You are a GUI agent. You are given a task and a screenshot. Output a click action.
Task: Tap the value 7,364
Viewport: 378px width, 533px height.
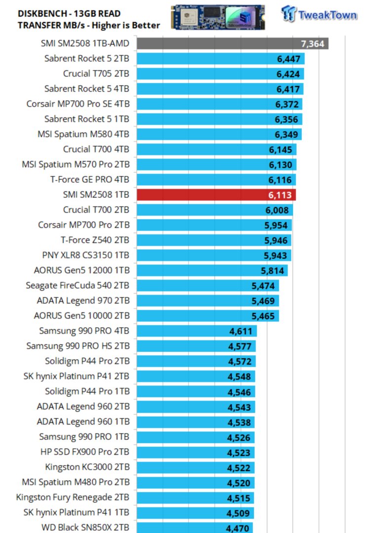point(312,44)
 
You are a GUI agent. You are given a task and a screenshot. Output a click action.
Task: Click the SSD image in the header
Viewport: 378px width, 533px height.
point(218,17)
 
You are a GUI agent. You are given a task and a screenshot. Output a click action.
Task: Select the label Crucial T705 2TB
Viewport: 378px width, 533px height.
point(96,74)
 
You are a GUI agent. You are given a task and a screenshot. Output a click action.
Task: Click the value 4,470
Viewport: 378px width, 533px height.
point(238,528)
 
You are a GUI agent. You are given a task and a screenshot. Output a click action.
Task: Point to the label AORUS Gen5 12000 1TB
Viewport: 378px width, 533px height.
point(82,270)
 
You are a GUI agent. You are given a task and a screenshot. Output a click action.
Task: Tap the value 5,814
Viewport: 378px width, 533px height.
point(272,270)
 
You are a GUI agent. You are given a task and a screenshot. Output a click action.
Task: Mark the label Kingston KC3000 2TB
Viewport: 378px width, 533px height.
point(87,466)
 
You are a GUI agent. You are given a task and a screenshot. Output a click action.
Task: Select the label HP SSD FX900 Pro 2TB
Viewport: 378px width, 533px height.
point(85,452)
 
